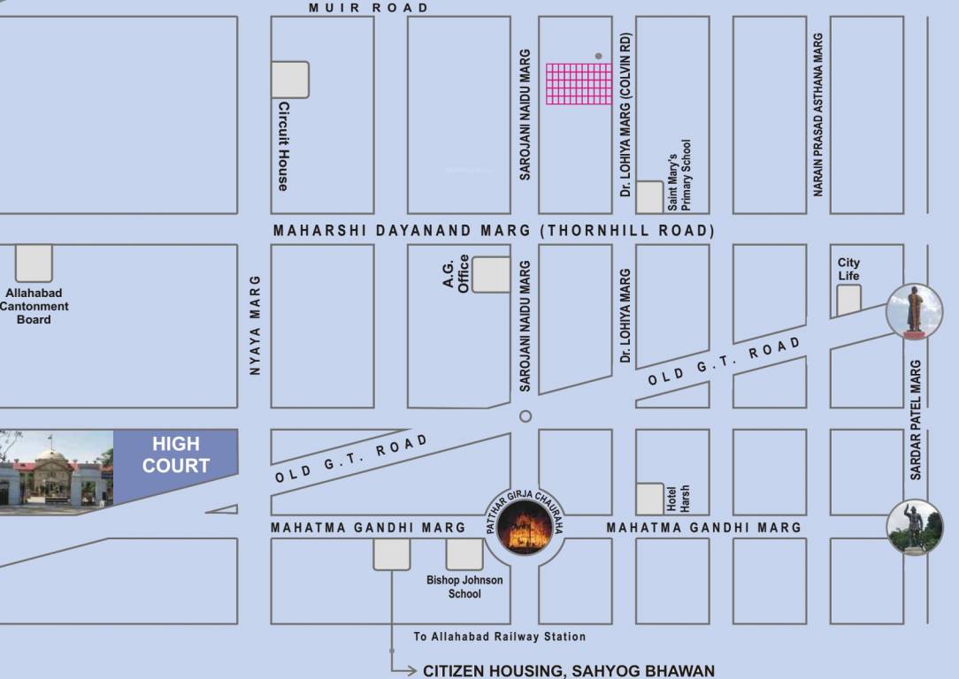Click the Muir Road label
(x=368, y=8)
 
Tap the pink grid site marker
(x=579, y=84)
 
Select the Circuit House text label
(x=283, y=146)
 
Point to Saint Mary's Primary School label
(x=679, y=175)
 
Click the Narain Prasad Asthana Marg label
(x=819, y=115)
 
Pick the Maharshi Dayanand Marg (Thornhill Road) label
(x=493, y=231)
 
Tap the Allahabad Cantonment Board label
(x=34, y=306)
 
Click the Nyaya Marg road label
(x=255, y=325)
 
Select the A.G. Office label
(x=456, y=274)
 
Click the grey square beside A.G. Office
(x=491, y=274)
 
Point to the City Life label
(x=848, y=269)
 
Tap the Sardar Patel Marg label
(x=917, y=419)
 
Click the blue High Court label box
(x=175, y=455)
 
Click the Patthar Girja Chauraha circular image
(x=525, y=529)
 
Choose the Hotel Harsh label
(x=678, y=499)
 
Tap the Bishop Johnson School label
(x=464, y=587)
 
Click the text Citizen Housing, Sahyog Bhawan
(x=568, y=671)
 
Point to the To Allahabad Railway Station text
(x=499, y=637)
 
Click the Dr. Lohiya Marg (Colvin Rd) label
(x=626, y=115)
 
